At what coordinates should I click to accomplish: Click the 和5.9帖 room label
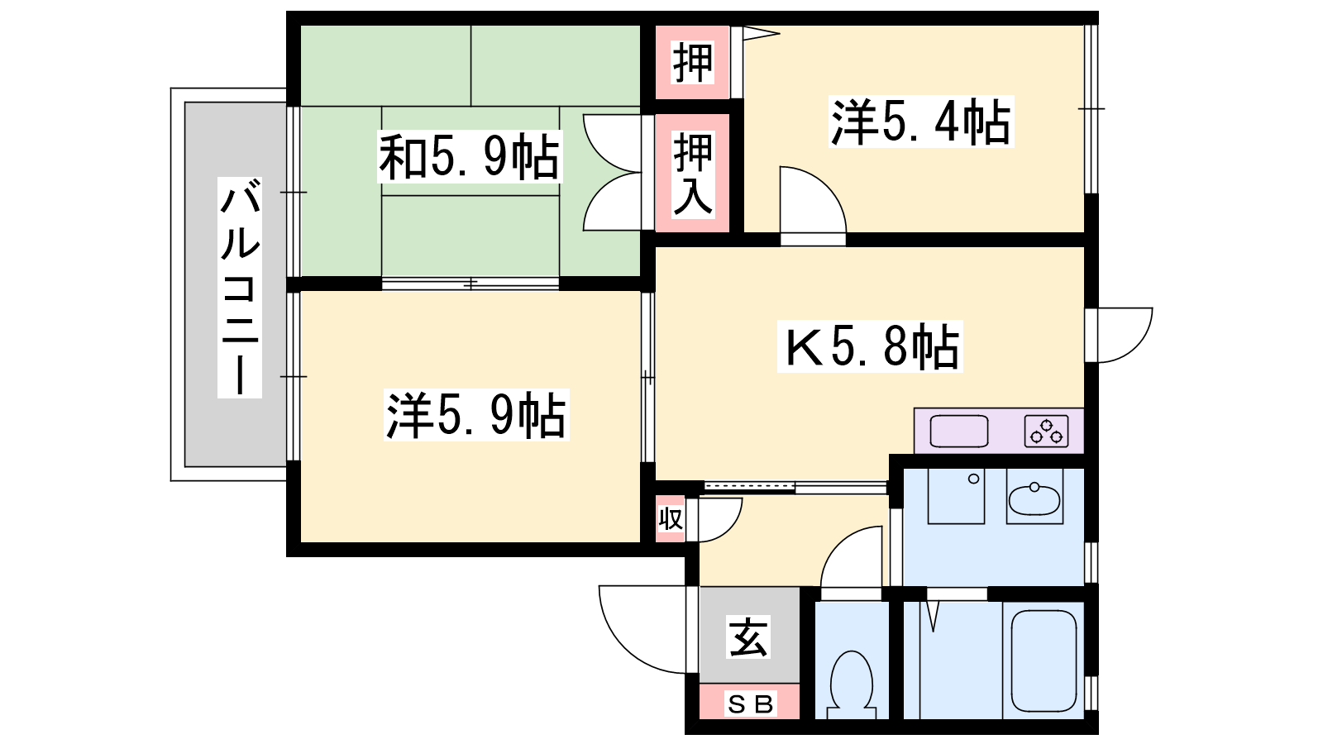[470, 158]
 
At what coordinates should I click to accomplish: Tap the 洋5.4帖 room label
[921, 122]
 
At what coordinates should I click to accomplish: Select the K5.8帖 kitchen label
[870, 346]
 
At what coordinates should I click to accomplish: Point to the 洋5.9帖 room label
[476, 415]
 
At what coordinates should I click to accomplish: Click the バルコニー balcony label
[240, 287]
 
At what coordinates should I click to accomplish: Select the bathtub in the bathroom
[1044, 661]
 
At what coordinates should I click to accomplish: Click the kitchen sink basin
[958, 431]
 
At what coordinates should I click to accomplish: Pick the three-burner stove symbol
[1046, 431]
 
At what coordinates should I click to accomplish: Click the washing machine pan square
[956, 496]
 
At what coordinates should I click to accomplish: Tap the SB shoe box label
[750, 703]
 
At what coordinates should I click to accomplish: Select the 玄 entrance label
[749, 637]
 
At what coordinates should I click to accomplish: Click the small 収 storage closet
[671, 519]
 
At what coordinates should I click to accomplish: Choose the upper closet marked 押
[692, 62]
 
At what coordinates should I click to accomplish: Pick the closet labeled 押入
[692, 173]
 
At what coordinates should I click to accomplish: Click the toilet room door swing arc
[838, 543]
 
